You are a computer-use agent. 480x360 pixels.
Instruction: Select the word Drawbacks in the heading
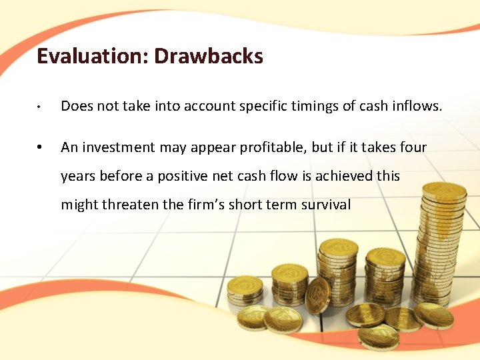[x=209, y=56]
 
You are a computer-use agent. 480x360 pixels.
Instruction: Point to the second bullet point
[x=41, y=147]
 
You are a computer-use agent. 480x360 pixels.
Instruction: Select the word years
[x=77, y=177]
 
